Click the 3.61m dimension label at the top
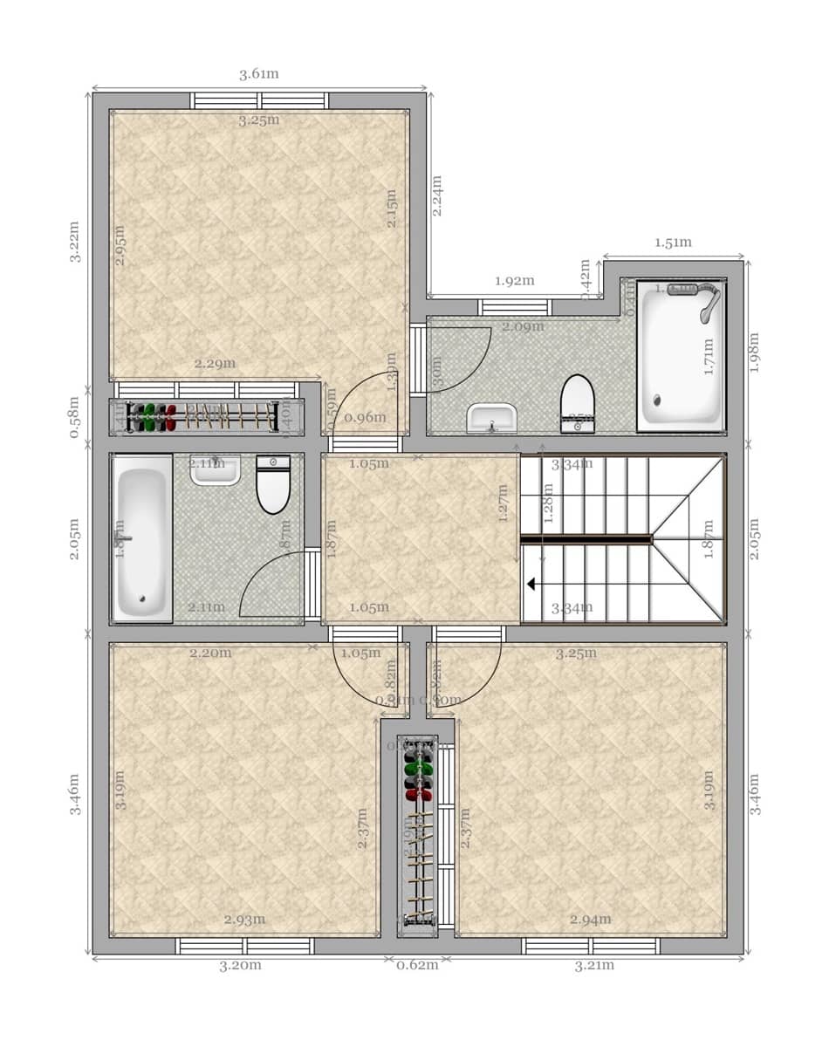[x=259, y=74]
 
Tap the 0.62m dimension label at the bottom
[x=417, y=965]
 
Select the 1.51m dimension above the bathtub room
[x=673, y=243]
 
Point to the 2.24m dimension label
[x=436, y=195]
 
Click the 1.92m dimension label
[x=514, y=281]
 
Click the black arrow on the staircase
[x=531, y=585]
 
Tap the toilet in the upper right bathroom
[x=577, y=403]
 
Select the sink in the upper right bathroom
[x=491, y=418]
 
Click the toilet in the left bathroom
[x=273, y=484]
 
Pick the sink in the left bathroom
[x=215, y=469]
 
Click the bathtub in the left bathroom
[x=142, y=538]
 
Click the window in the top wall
[x=259, y=100]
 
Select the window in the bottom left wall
[x=244, y=946]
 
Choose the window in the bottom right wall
[x=590, y=946]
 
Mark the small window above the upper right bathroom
[x=515, y=307]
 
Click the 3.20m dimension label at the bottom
[x=240, y=965]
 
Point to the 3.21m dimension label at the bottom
[x=594, y=965]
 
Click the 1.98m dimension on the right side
[x=756, y=352]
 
